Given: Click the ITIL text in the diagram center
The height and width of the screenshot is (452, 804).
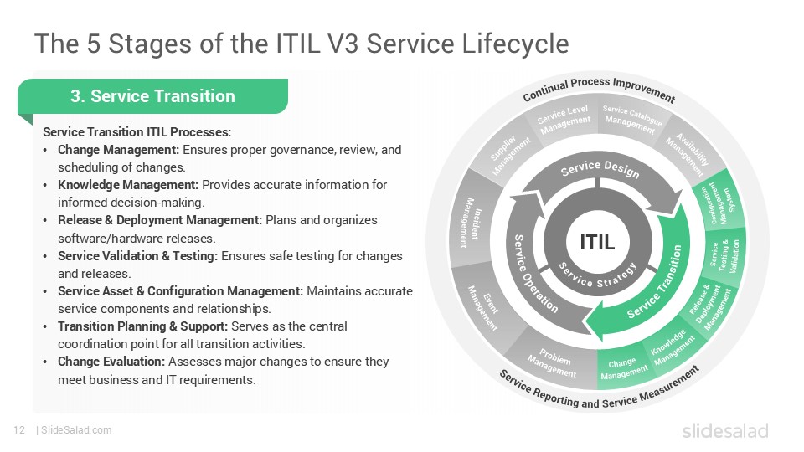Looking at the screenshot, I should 597,243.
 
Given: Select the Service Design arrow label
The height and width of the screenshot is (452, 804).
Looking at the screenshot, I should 600,170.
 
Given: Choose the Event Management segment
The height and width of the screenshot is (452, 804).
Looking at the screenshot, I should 482,300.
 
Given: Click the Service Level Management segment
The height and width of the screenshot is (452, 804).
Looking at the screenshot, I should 564,121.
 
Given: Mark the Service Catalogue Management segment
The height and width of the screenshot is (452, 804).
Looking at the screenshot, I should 632,121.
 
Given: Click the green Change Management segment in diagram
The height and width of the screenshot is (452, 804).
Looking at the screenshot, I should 623,369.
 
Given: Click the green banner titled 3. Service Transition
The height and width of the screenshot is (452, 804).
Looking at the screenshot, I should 152,96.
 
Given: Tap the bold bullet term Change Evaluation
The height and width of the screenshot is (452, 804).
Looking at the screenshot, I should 111,362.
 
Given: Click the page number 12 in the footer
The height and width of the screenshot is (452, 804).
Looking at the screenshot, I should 18,430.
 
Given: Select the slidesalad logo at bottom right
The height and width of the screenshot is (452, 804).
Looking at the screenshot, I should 724,430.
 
